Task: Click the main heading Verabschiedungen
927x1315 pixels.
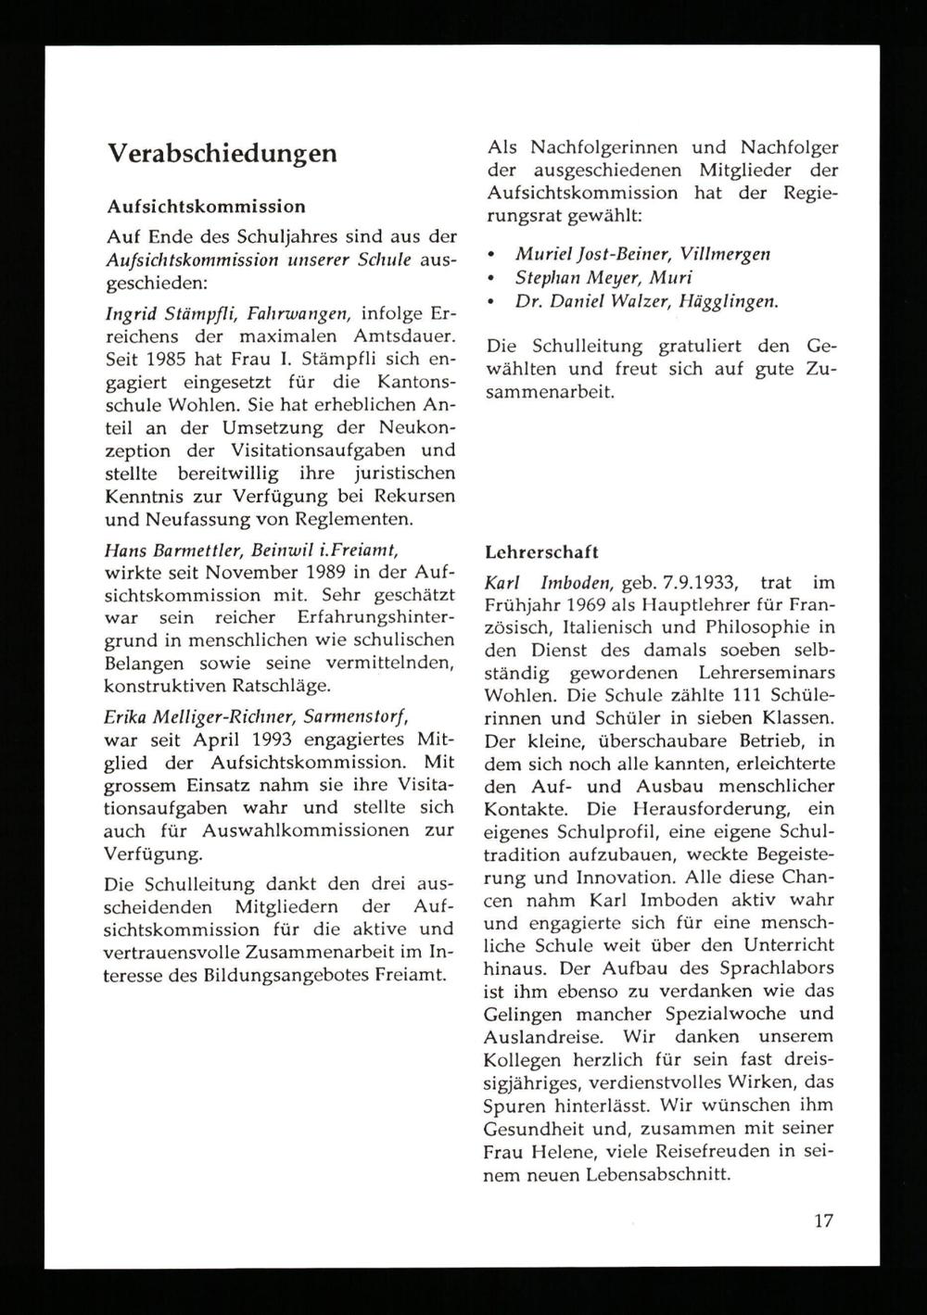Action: (x=222, y=153)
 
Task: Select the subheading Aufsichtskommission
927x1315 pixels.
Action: (x=206, y=204)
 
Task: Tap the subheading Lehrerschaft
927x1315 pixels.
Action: (x=543, y=552)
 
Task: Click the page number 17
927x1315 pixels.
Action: (x=822, y=1220)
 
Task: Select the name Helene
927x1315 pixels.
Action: (x=560, y=1152)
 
